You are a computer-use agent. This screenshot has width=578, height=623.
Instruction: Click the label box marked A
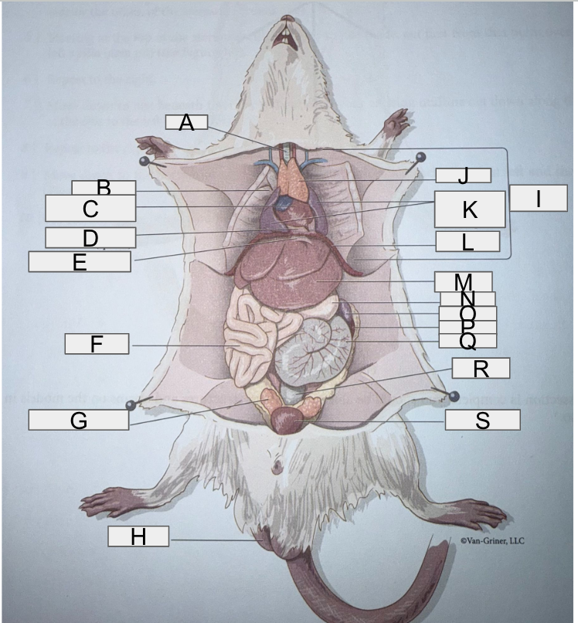coord(185,122)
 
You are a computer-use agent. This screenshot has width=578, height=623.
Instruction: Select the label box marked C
coord(90,209)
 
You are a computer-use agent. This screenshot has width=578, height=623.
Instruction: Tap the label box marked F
coord(97,343)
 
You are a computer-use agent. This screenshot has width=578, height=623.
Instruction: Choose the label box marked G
coord(79,420)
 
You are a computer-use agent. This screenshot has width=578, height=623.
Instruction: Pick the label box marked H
coord(138,536)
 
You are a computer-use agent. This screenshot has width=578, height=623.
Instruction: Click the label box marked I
coord(539,198)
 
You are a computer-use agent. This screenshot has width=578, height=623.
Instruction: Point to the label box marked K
coord(469,209)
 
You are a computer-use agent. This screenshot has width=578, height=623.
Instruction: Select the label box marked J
coord(463,176)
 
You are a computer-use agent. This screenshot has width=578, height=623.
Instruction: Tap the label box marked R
coord(481,368)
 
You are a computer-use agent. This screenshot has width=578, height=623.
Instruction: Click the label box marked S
coord(482,420)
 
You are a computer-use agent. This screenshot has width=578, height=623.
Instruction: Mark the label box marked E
coord(80,261)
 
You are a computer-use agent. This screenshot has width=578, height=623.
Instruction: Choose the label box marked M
coord(463,281)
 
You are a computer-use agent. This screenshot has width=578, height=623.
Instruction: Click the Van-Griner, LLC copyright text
coord(491,540)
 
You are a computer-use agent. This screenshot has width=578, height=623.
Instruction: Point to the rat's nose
coord(287,18)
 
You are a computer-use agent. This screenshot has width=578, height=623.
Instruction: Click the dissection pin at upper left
coord(144,162)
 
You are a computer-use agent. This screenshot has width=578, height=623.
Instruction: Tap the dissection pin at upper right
coord(420,158)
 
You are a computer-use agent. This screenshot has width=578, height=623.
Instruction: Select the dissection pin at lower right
coord(454,396)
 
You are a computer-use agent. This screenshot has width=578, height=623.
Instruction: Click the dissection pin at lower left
coord(131,405)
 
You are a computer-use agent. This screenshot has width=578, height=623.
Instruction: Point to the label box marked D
coord(90,237)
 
